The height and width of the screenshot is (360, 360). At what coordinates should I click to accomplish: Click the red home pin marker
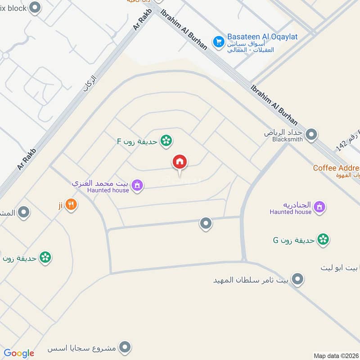tap(180, 162)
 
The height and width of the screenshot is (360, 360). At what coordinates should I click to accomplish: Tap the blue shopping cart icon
tap(219, 41)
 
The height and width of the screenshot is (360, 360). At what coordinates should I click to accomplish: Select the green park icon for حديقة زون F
tap(166, 141)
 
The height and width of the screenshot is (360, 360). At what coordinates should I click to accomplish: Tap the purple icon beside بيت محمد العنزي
tap(138, 185)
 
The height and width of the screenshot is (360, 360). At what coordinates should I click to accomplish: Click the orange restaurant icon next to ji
tap(71, 205)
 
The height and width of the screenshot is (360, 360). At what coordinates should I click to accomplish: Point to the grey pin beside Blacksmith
tap(311, 134)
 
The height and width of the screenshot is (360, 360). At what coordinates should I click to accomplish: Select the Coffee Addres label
tap(336, 168)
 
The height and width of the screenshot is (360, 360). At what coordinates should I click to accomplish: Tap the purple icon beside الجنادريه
tap(319, 207)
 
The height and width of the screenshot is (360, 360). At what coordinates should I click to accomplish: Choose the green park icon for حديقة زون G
tap(323, 239)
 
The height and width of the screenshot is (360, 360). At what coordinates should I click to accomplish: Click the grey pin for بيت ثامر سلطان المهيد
tap(297, 279)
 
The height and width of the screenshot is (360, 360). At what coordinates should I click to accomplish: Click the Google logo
tap(19, 353)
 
